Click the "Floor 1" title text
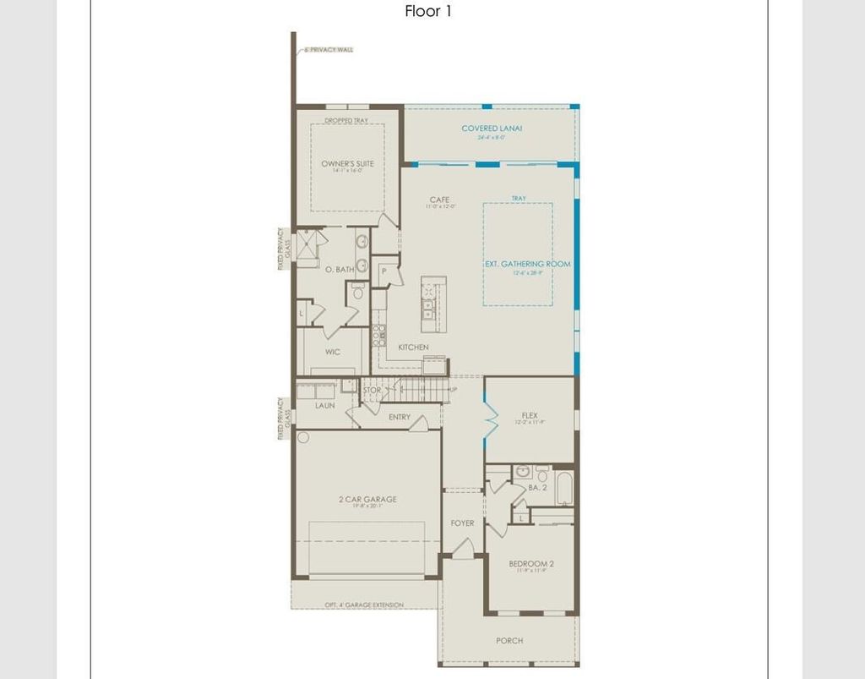[x=428, y=12]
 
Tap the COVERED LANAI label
[x=492, y=129]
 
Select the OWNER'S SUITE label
[x=347, y=163]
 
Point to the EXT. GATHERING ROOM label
[x=527, y=264]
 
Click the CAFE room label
[x=439, y=200]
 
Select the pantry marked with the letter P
[x=384, y=271]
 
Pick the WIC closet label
[x=333, y=352]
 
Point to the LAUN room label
[x=325, y=405]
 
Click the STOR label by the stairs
[x=372, y=391]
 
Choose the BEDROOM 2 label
[x=531, y=563]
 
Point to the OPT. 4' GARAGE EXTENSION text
[x=364, y=605]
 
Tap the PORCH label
[x=509, y=640]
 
